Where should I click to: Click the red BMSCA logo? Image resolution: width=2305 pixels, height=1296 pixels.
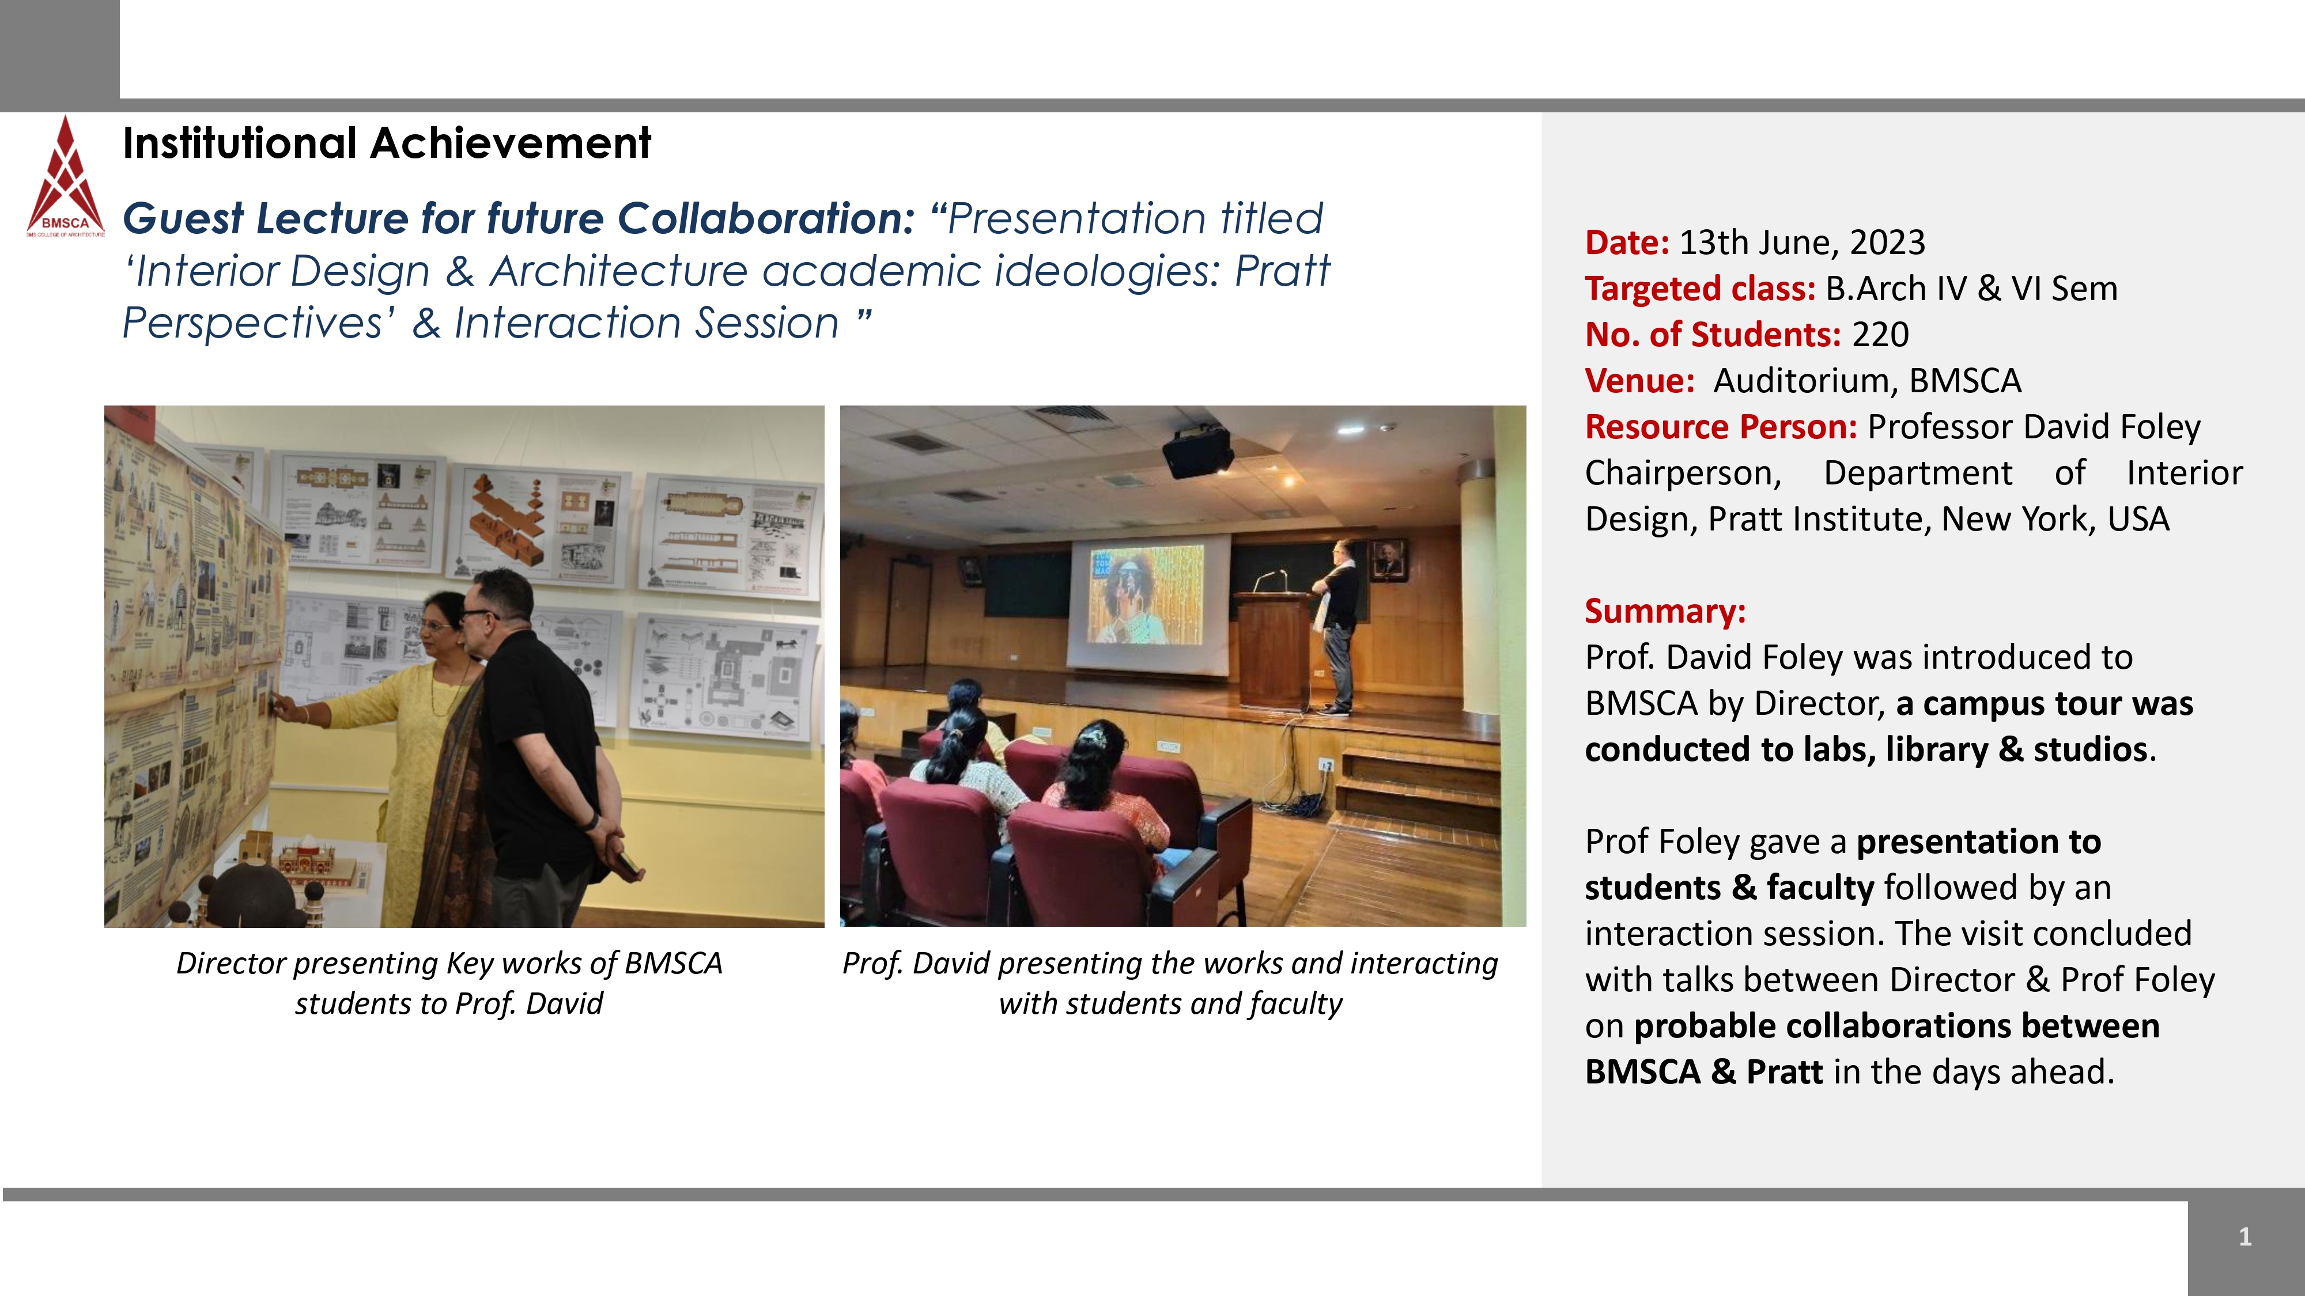65,177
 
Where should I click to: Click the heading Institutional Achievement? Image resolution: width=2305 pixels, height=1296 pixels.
387,143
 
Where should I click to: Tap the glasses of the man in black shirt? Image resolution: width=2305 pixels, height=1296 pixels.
476,615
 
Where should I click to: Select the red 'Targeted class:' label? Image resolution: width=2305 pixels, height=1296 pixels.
1700,289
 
